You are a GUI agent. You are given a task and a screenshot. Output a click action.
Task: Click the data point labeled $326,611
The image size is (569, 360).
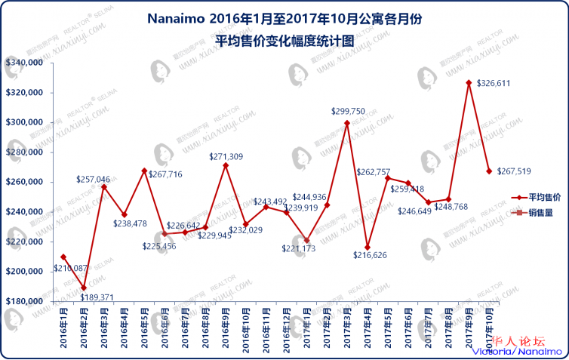pos(469,82)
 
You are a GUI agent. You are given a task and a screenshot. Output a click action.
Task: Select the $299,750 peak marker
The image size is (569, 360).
pos(347,123)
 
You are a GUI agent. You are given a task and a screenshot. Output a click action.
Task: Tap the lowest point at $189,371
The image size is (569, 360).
pos(84,288)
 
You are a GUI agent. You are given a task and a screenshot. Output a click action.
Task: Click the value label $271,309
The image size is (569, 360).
pos(226,156)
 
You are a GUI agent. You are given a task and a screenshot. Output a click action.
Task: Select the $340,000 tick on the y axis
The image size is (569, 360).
pos(23,63)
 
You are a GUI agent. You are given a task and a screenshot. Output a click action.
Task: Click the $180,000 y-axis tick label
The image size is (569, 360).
pos(23,301)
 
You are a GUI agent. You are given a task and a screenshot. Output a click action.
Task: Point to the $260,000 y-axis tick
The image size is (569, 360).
pos(23,182)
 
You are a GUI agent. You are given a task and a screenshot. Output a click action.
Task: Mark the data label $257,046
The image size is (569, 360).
pos(94,180)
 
